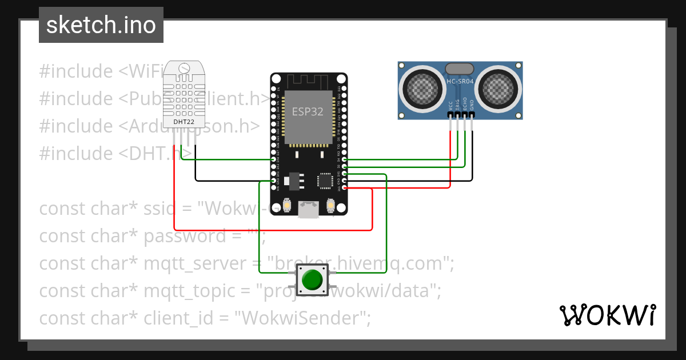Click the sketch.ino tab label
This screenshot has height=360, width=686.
(x=101, y=25)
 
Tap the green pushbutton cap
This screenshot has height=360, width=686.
(x=312, y=279)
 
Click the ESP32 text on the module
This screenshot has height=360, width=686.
(x=308, y=111)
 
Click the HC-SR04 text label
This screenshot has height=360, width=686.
(x=460, y=82)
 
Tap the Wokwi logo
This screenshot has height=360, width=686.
(x=607, y=315)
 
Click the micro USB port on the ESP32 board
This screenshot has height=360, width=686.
(x=309, y=210)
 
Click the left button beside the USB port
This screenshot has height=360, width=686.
(x=287, y=205)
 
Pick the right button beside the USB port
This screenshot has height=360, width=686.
(x=330, y=205)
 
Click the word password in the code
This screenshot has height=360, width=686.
(x=185, y=236)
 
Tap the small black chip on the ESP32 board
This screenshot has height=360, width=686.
(x=325, y=181)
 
